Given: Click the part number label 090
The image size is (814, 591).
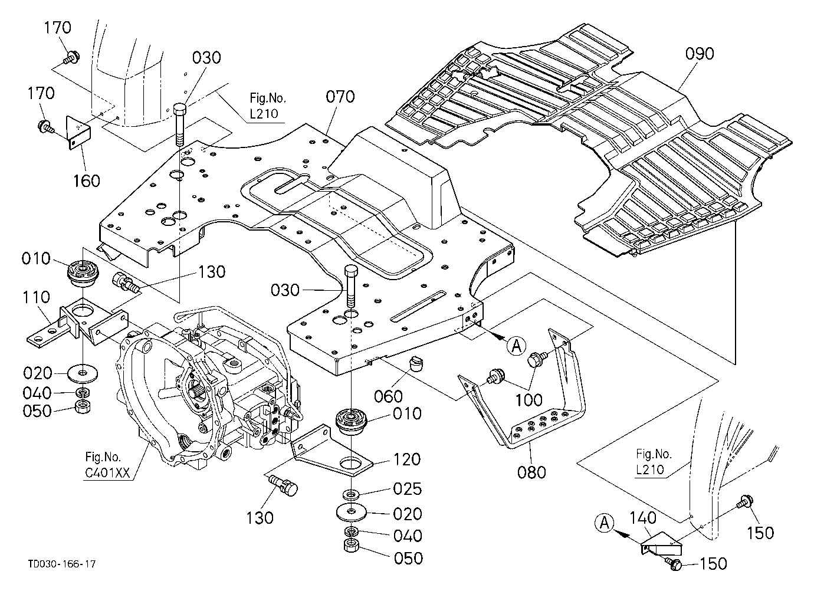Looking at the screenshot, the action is [700, 54].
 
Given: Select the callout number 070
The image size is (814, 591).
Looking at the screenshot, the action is [340, 97].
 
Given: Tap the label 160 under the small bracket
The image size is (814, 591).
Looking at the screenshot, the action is [87, 180].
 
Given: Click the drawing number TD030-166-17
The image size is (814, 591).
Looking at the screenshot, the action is [62, 564].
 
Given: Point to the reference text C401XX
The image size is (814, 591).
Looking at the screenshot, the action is [107, 473].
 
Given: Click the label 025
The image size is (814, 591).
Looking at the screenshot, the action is [408, 489].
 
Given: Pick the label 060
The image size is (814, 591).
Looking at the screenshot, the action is [389, 396].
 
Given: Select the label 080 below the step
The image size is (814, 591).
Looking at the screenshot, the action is [531, 472].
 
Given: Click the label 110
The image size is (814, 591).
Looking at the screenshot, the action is [36, 297].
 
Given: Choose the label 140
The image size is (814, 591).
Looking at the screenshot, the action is [642, 518].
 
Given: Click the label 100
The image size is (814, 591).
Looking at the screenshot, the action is [529, 400].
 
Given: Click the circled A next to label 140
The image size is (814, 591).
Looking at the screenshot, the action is [605, 523].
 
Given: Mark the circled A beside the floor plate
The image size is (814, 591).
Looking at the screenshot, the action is [516, 346].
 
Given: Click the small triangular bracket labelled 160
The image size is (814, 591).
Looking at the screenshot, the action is [78, 132].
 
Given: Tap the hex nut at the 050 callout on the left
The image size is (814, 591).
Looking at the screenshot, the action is [83, 406].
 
